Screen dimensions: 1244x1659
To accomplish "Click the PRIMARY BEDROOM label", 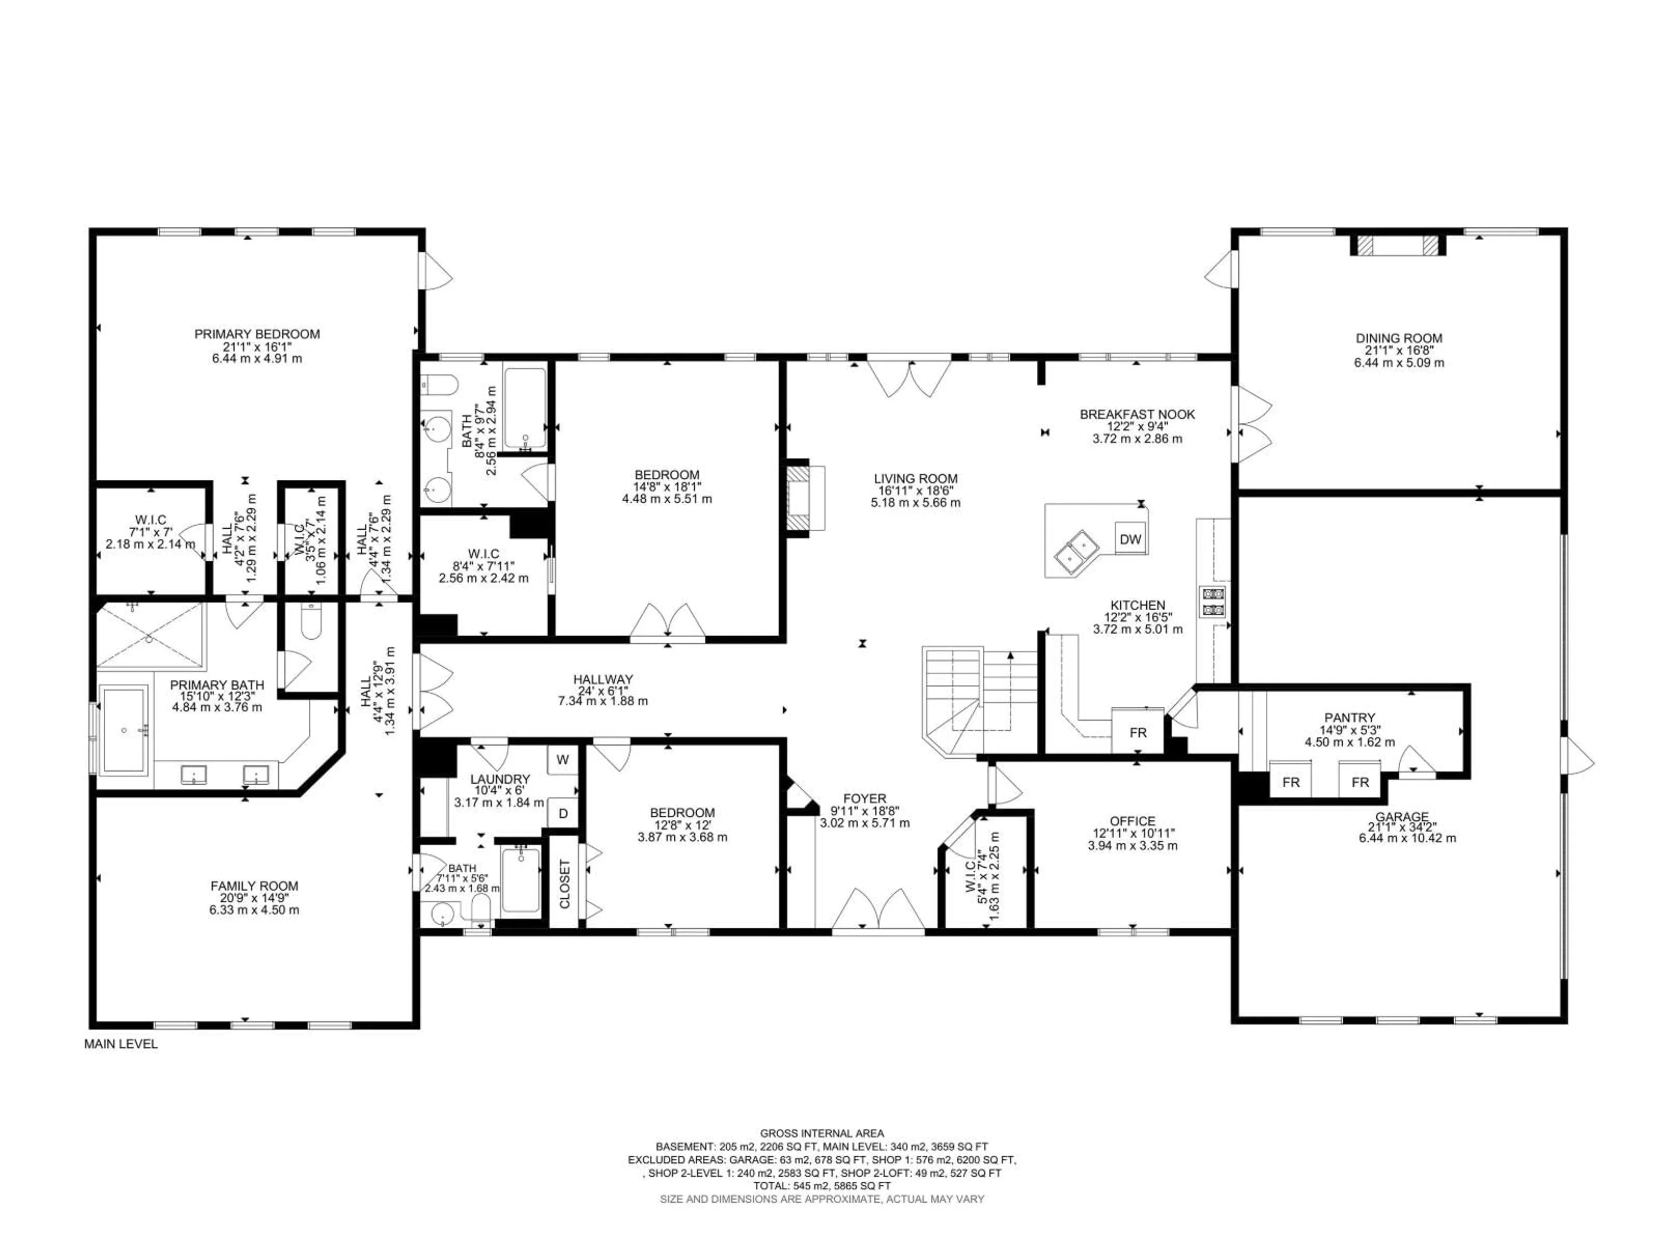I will tap(257, 334).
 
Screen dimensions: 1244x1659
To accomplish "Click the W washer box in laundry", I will tap(563, 760).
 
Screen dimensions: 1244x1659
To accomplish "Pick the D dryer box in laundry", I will tap(563, 813).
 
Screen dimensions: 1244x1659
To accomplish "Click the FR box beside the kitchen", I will tap(1138, 733).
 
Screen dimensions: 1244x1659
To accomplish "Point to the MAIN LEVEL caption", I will tap(121, 1044).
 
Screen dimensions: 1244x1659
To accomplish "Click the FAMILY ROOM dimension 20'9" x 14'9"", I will tap(254, 898).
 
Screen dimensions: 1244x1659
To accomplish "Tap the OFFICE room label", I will tap(1132, 821).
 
